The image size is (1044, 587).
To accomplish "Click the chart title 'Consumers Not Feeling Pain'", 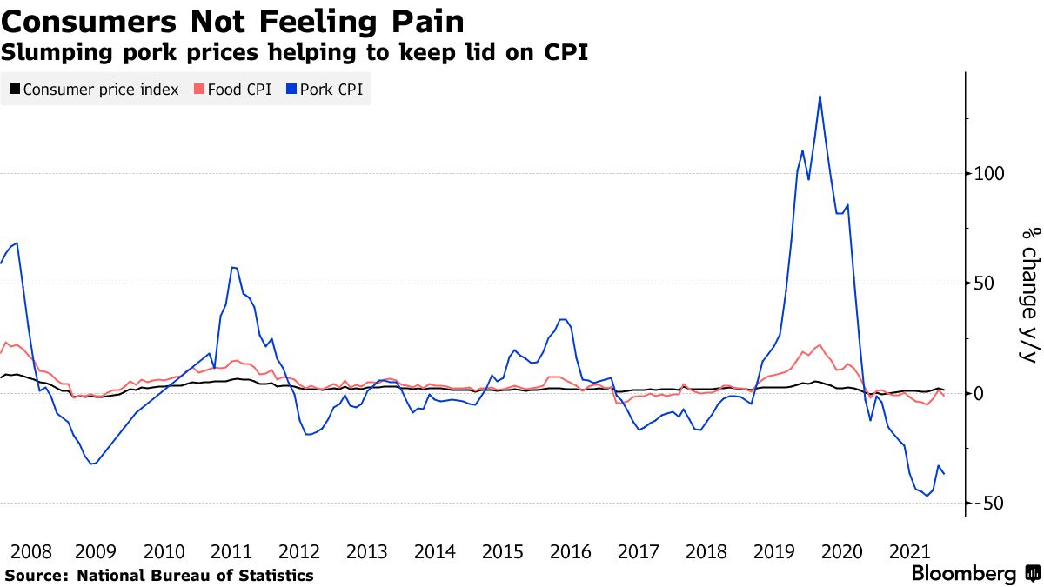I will (x=232, y=20).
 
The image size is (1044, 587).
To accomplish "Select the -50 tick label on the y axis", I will (x=991, y=504).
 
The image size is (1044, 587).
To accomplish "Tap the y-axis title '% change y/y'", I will (x=1029, y=296).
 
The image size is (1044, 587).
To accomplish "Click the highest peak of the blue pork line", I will (x=820, y=96).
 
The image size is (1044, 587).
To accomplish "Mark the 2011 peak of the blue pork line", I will (x=232, y=267).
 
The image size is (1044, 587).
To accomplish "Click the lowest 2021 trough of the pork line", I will (x=926, y=497).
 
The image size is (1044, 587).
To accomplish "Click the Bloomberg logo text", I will (x=963, y=574).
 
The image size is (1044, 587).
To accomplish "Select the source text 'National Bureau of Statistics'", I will (x=195, y=575).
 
